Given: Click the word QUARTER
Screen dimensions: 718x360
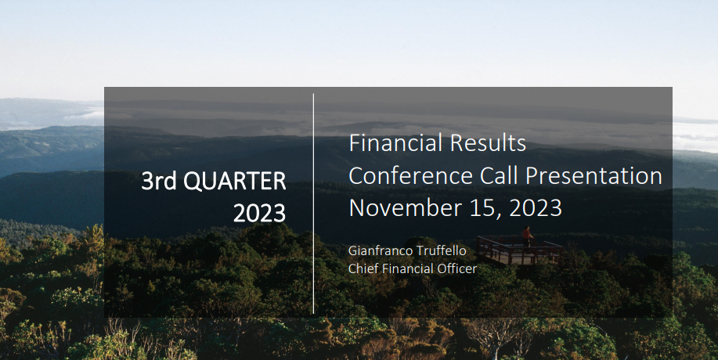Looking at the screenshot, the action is coord(234,182).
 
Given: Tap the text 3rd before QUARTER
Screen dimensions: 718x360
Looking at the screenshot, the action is coord(160,182).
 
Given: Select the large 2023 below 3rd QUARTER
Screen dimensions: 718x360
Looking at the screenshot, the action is coord(260,213).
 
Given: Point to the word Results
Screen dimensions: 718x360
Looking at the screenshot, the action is coord(488,143).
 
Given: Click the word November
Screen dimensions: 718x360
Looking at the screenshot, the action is coord(406,208).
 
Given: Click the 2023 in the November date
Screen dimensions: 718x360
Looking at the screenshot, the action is coord(536,208).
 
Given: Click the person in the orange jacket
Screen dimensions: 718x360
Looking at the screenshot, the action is coord(527,236).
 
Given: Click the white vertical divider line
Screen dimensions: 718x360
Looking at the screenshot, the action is coord(314,203).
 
